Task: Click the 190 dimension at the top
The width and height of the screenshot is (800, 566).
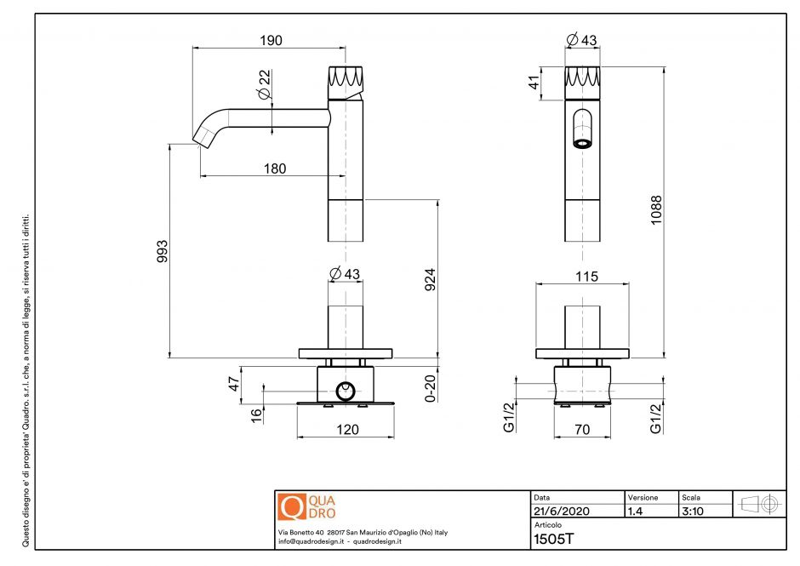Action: click(x=270, y=40)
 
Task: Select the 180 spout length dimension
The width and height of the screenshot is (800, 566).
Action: click(x=274, y=169)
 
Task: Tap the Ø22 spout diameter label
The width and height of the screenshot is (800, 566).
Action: click(x=266, y=83)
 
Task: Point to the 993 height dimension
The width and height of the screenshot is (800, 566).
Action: click(x=163, y=251)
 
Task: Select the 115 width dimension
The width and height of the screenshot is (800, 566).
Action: click(x=586, y=276)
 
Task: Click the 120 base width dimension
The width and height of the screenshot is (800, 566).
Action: click(x=346, y=430)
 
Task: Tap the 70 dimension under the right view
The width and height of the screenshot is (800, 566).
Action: click(x=581, y=430)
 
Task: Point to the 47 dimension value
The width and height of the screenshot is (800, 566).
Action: click(x=232, y=385)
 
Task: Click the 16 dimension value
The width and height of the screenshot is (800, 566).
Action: click(x=256, y=414)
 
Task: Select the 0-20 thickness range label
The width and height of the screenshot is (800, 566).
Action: click(x=431, y=387)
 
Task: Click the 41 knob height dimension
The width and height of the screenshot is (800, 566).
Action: click(x=534, y=83)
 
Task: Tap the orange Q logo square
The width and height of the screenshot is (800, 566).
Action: click(x=291, y=507)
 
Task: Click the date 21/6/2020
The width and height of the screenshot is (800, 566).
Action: click(x=560, y=512)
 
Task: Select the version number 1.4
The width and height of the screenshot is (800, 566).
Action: click(x=636, y=512)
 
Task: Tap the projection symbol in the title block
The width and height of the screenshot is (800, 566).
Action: click(x=759, y=504)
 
